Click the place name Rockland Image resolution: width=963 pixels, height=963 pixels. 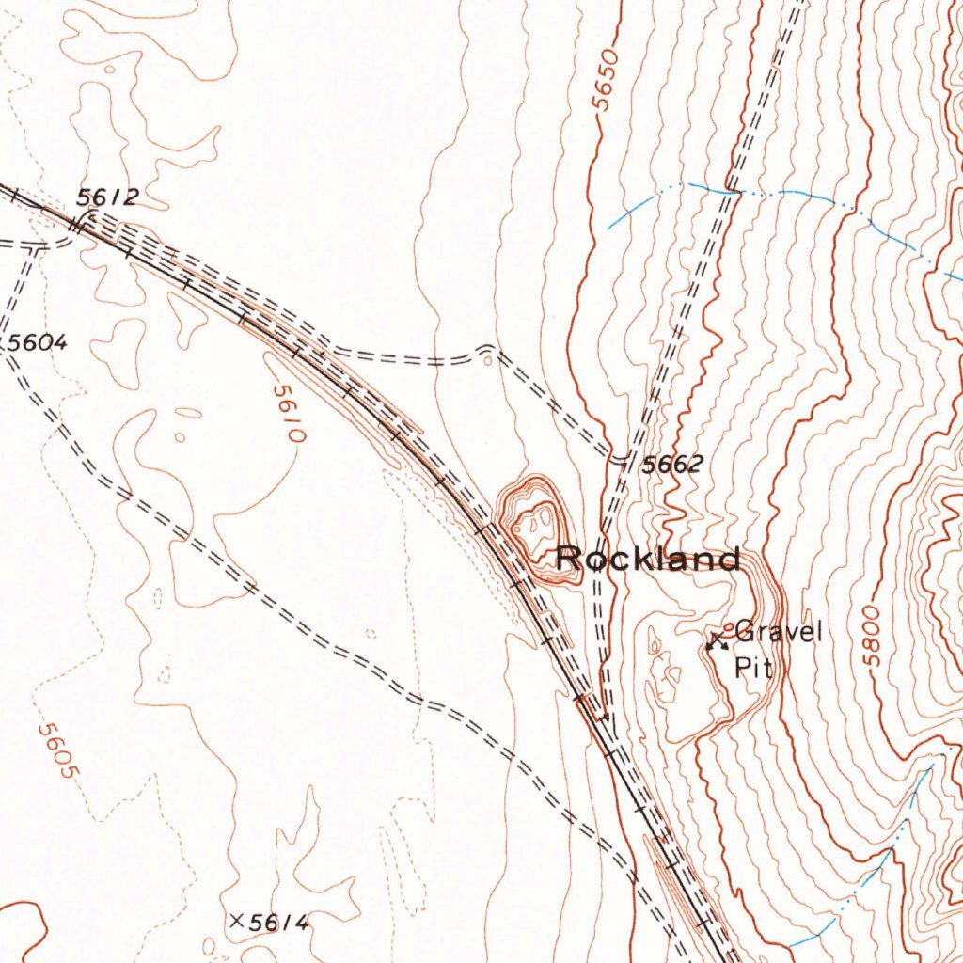point(647,559)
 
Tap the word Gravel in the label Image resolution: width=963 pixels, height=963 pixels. point(778,632)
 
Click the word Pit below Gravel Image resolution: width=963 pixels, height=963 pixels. point(753,667)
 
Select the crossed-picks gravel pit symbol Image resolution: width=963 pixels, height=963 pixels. point(718,641)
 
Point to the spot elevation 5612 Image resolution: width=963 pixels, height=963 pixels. point(107,197)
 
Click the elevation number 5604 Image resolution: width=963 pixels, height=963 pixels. point(38,343)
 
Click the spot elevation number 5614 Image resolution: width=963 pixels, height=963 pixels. point(278,924)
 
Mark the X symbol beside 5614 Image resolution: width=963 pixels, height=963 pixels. point(236,921)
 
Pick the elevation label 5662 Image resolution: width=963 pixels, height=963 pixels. point(671,464)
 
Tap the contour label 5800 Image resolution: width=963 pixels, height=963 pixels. point(873,636)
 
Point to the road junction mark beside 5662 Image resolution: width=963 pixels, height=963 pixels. point(621,458)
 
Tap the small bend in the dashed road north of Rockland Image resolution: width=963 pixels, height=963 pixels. point(486,350)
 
